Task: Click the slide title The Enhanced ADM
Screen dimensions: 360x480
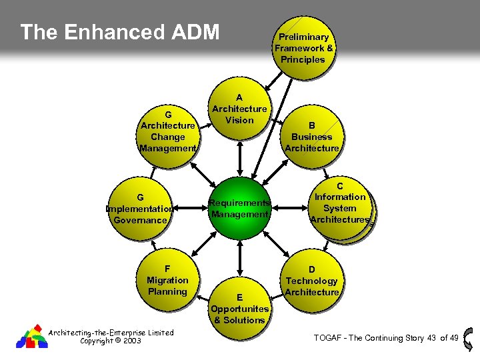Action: click(x=120, y=32)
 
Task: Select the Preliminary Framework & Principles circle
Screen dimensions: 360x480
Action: click(x=303, y=48)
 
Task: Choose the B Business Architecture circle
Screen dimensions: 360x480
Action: click(x=311, y=137)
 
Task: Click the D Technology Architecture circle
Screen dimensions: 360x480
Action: click(x=312, y=281)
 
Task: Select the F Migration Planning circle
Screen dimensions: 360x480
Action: click(x=167, y=280)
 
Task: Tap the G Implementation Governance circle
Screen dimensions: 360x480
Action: click(x=140, y=208)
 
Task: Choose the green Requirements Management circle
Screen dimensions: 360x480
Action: click(x=239, y=208)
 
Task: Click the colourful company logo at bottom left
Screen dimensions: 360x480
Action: click(x=31, y=337)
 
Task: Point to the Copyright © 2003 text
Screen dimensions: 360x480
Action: click(x=110, y=341)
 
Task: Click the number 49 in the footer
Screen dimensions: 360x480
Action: click(x=454, y=338)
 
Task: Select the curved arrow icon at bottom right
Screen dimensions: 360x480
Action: click(x=469, y=338)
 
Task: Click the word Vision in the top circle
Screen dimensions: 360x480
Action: click(x=239, y=120)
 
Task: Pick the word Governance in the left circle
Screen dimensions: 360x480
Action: click(x=140, y=220)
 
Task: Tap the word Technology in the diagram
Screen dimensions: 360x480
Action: click(x=312, y=281)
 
